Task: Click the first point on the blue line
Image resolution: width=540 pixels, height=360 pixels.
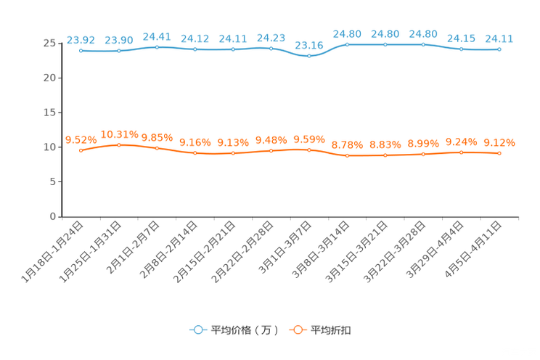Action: (x=81, y=51)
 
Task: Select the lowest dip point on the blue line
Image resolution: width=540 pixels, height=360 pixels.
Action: (x=309, y=56)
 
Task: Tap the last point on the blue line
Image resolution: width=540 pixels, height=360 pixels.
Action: (x=499, y=49)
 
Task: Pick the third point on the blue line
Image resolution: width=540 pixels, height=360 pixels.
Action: (x=157, y=47)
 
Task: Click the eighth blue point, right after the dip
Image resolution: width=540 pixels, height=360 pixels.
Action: (x=348, y=45)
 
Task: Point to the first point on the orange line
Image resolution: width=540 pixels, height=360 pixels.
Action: (x=81, y=150)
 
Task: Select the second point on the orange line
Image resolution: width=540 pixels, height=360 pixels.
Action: (x=119, y=145)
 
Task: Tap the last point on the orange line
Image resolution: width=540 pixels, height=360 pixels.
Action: (x=499, y=153)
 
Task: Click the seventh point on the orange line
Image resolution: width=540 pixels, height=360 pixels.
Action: (x=309, y=150)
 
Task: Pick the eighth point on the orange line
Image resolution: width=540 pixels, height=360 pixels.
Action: (x=348, y=155)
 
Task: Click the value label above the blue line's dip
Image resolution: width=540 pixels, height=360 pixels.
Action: (x=309, y=45)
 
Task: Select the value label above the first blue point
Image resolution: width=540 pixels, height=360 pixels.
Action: (x=81, y=39)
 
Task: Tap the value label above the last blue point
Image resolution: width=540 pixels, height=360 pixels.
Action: (x=499, y=38)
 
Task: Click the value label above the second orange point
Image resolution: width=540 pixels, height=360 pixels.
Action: (x=119, y=134)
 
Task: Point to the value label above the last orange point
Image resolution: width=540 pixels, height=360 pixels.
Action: (x=499, y=142)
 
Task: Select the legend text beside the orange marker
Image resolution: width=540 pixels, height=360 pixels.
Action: (x=331, y=330)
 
